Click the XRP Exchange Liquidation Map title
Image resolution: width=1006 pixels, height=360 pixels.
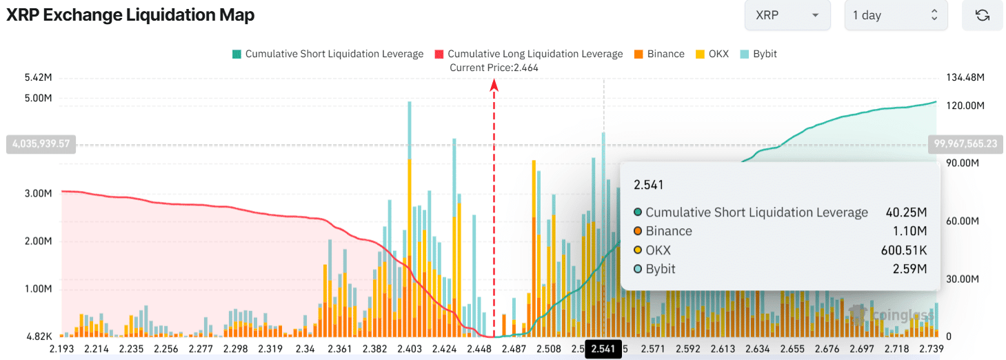(x=130, y=15)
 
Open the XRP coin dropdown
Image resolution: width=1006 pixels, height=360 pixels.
(x=787, y=15)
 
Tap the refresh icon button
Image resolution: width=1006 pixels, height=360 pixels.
(x=982, y=15)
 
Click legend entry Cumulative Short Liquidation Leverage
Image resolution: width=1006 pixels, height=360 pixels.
(x=328, y=54)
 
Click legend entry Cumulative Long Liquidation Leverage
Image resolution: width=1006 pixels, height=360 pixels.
(x=528, y=54)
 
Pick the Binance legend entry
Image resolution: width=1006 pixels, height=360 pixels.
(x=658, y=54)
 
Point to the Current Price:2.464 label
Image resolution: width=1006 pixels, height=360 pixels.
(x=494, y=68)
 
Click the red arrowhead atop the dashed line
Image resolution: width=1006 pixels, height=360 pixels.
(x=494, y=85)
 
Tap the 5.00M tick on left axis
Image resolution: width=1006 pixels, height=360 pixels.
(x=38, y=99)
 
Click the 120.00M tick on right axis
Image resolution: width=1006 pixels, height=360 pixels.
(x=964, y=106)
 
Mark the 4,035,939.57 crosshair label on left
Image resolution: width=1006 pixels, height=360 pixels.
(x=41, y=145)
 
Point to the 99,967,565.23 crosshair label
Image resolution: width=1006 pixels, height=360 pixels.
(x=965, y=143)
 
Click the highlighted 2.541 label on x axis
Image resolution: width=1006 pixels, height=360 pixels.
(x=603, y=349)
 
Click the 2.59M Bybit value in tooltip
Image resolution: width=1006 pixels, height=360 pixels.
(x=910, y=269)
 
